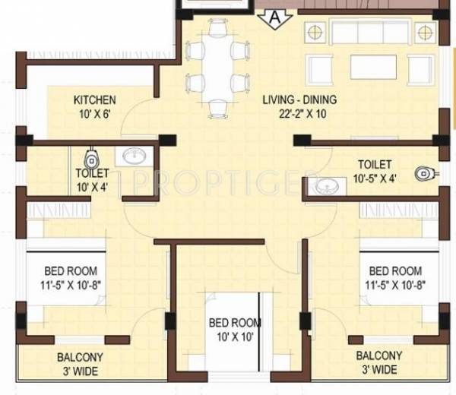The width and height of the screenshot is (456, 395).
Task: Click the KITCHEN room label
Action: tap(94, 100)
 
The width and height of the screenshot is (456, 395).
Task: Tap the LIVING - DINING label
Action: tap(299, 100)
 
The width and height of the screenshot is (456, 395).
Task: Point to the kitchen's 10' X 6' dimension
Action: tap(94, 113)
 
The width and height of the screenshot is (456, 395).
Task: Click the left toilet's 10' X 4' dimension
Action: tap(93, 185)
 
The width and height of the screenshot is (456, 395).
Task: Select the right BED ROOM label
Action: tap(395, 270)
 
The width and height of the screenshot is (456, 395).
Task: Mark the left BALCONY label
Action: tap(81, 357)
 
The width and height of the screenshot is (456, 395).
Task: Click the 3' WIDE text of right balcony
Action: tap(379, 370)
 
